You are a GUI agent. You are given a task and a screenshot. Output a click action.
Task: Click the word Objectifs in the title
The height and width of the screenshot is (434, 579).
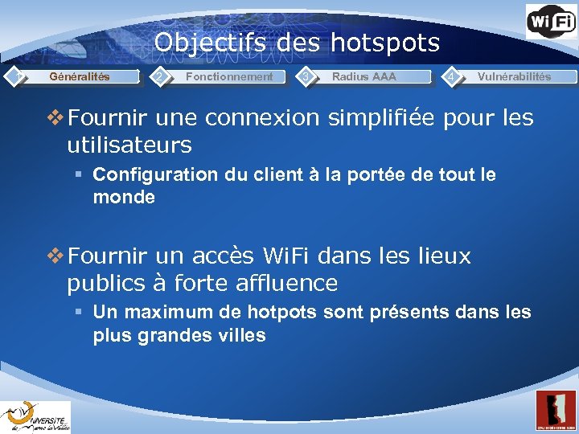tap(210, 42)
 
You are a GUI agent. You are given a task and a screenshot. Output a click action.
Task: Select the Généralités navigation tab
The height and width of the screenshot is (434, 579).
tap(80, 76)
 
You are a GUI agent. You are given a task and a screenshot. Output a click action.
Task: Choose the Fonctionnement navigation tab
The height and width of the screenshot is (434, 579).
tap(229, 76)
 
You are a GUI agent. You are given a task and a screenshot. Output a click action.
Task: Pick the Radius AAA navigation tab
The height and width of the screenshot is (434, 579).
tap(363, 76)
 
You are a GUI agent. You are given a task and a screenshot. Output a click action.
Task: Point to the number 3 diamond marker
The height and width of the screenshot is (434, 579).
tap(306, 76)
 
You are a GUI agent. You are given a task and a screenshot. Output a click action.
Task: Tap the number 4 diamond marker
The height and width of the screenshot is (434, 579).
tap(454, 76)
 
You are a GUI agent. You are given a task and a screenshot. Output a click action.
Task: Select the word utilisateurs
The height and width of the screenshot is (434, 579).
tap(129, 145)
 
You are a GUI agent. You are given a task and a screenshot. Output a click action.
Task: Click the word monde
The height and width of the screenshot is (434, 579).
tap(124, 197)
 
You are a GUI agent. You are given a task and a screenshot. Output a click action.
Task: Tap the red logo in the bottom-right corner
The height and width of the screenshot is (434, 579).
tap(556, 411)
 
